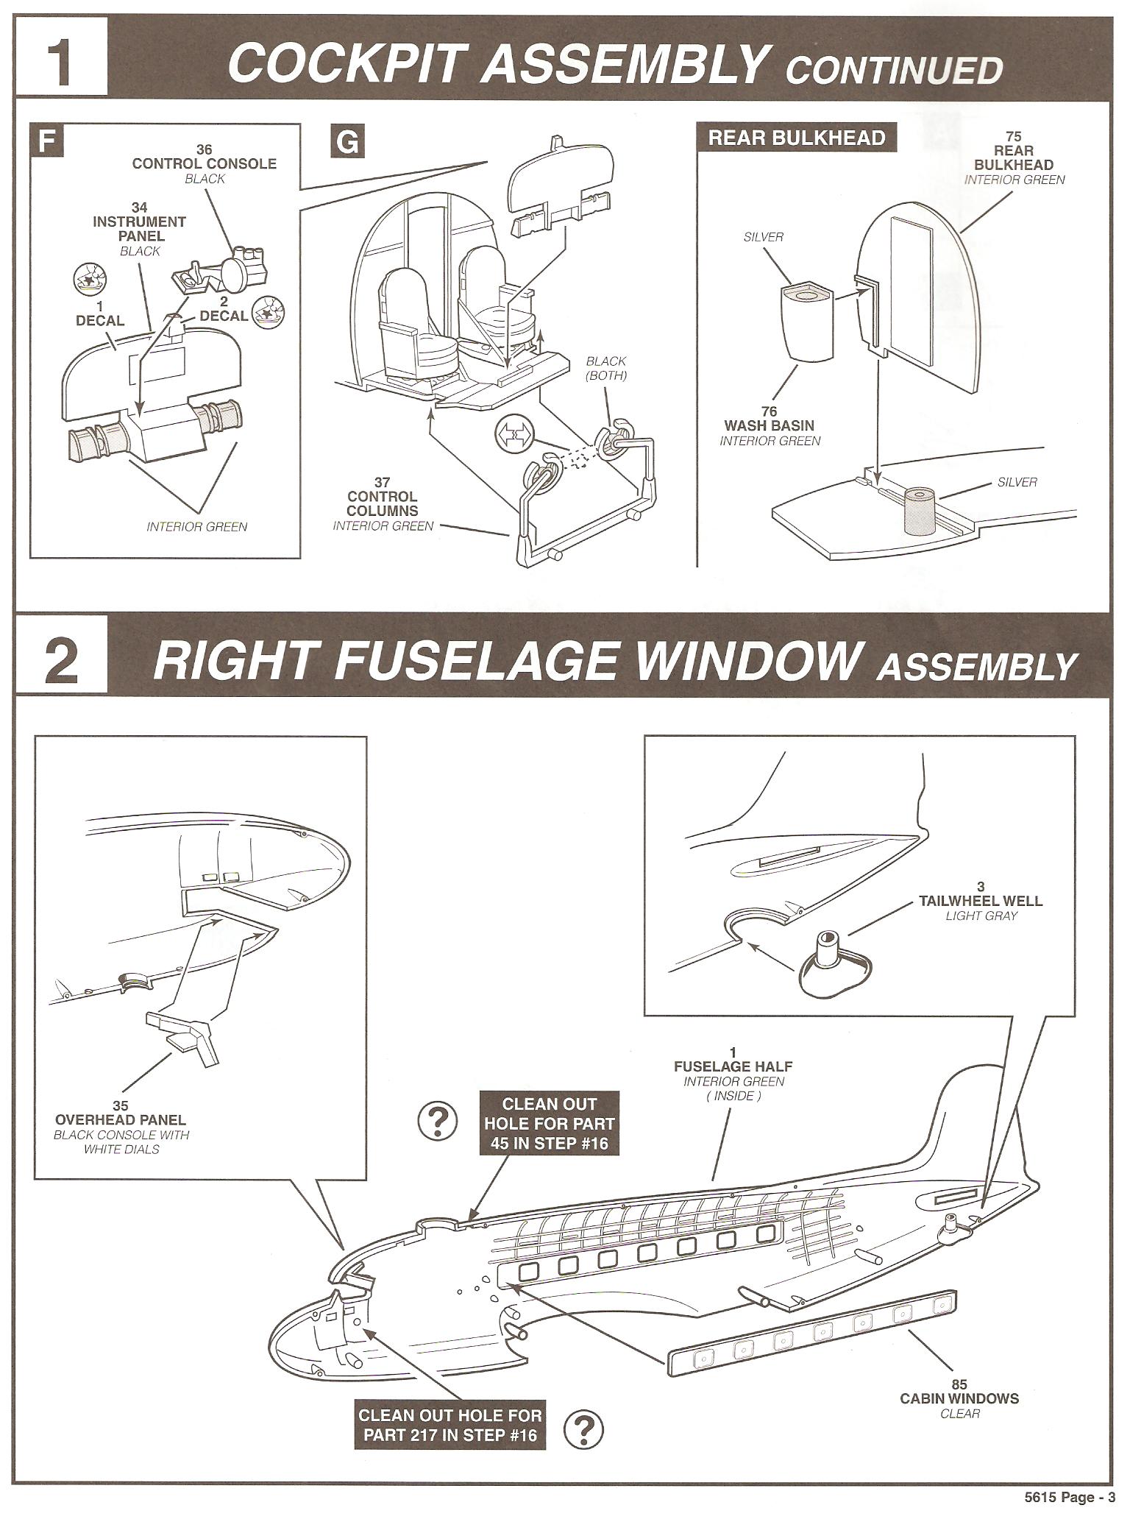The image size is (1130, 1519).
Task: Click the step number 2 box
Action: tap(61, 660)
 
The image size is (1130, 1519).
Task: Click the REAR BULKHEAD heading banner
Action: tap(797, 138)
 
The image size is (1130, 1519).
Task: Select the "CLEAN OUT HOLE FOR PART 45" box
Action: tap(549, 1123)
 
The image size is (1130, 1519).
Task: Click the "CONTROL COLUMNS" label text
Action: tap(382, 503)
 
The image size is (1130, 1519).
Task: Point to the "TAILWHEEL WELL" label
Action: tap(981, 901)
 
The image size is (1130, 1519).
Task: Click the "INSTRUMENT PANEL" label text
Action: tap(139, 229)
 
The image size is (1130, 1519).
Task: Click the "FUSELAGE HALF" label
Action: tap(733, 1066)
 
